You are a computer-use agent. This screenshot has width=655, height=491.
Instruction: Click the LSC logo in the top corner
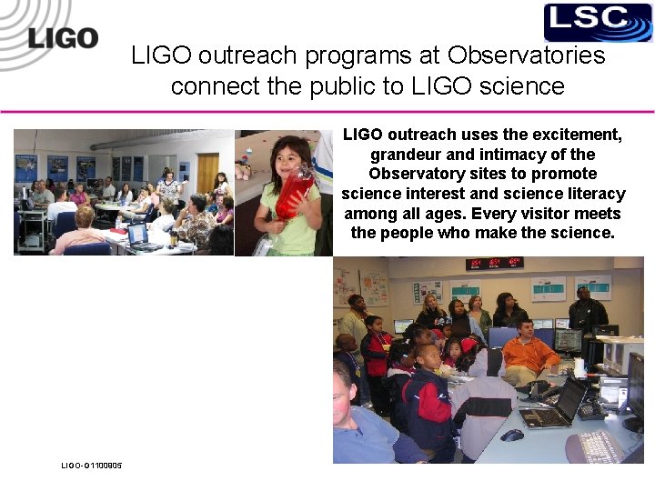click(x=598, y=23)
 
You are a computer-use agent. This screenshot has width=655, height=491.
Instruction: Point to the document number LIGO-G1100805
click(x=91, y=466)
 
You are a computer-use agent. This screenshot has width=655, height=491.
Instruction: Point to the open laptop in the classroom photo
click(x=138, y=236)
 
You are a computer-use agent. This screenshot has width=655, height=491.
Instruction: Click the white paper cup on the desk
click(x=579, y=366)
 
